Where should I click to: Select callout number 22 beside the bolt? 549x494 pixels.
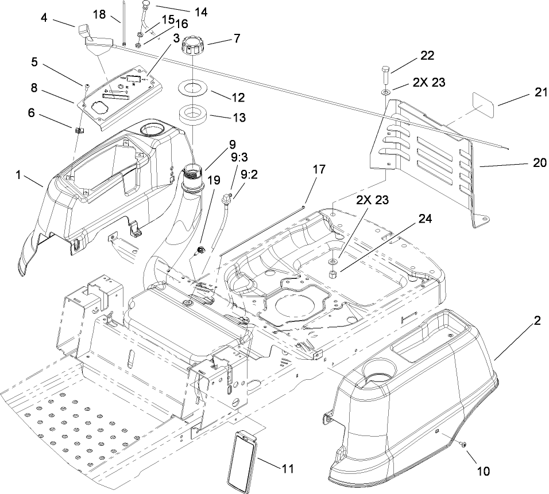coord(427,56)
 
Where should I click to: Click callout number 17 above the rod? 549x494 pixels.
coord(319,169)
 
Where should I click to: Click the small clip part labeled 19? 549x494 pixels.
coord(201,250)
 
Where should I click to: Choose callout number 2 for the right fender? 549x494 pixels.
coord(537,322)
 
